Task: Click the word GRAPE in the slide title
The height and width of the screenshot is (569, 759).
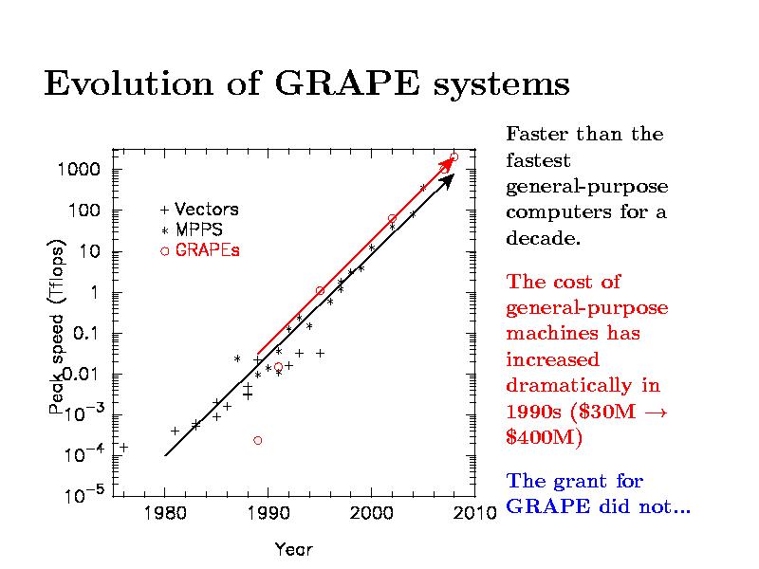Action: pos(346,84)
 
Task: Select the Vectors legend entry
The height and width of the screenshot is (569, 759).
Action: pos(206,209)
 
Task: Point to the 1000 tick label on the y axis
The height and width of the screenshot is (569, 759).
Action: pos(73,170)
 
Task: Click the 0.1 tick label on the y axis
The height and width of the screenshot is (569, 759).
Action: pos(79,334)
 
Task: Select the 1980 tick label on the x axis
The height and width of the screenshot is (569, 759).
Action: pos(164,514)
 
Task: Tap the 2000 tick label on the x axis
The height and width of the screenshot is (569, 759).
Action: pos(371,514)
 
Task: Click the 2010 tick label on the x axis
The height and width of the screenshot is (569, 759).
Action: pos(474,514)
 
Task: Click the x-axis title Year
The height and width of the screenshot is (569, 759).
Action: pos(293,548)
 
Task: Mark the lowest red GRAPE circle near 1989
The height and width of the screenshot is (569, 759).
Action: pos(258,440)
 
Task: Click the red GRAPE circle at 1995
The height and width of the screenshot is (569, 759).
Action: pos(320,290)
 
